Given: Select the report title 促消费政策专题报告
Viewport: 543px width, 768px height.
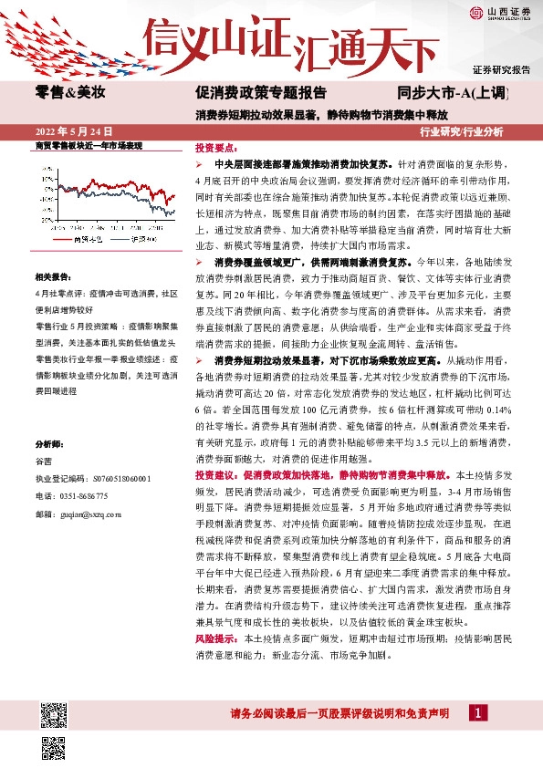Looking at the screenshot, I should point(260,92).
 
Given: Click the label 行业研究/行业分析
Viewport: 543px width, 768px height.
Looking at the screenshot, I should point(461,131).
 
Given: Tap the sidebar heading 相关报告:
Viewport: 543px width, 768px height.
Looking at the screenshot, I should point(53,276).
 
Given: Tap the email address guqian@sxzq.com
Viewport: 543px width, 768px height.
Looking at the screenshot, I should point(90,514).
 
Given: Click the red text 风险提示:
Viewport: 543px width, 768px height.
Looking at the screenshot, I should point(217,639).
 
